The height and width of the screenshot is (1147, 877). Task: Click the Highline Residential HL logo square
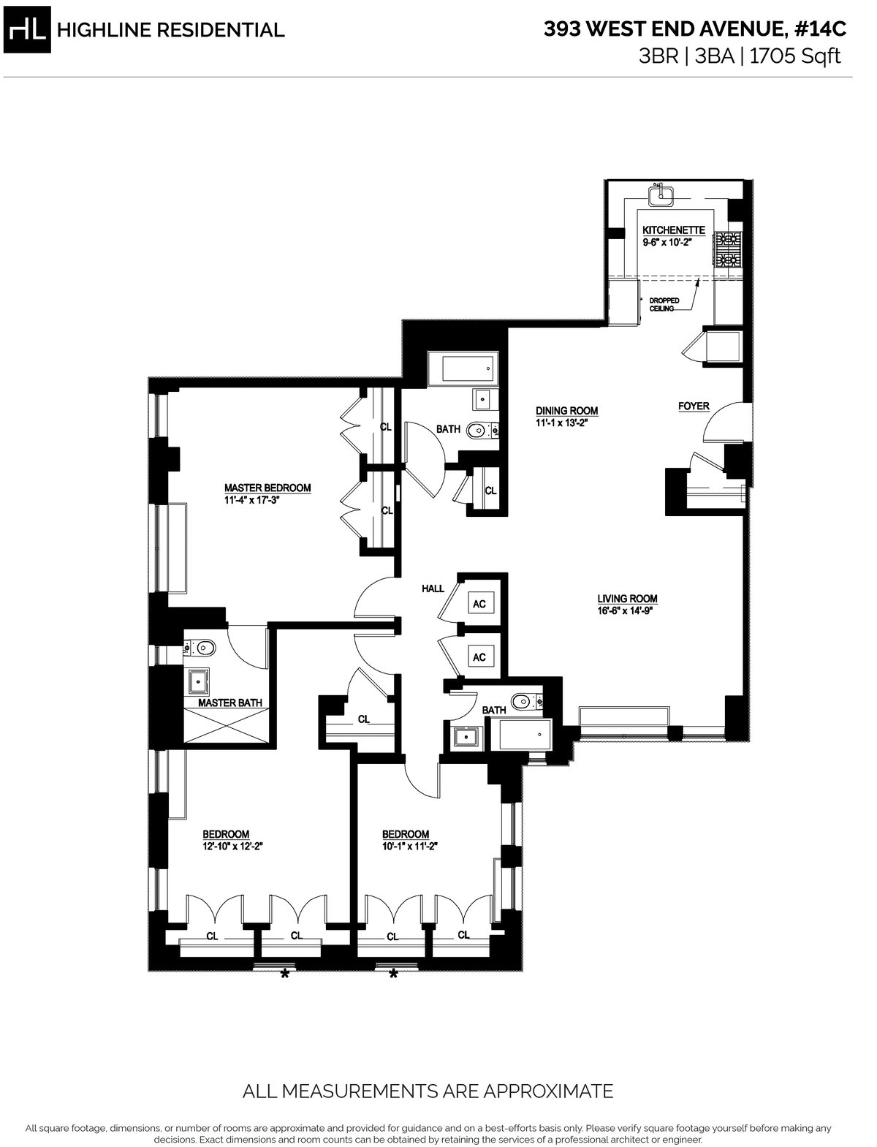[x=29, y=29]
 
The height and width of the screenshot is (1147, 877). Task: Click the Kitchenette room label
[x=674, y=230]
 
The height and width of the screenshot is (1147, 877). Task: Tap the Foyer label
[x=694, y=406]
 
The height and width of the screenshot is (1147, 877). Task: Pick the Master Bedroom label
[x=267, y=488]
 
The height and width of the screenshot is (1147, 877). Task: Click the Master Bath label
[x=230, y=703]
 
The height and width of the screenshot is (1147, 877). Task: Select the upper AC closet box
[x=479, y=604]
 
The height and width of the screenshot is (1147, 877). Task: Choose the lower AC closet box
[x=479, y=657]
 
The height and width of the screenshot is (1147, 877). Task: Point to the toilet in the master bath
[x=204, y=646]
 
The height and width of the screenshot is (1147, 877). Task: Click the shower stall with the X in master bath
[x=230, y=729]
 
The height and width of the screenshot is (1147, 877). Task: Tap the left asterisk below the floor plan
[x=286, y=974]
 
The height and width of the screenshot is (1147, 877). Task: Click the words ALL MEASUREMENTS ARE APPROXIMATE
[x=428, y=1091]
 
